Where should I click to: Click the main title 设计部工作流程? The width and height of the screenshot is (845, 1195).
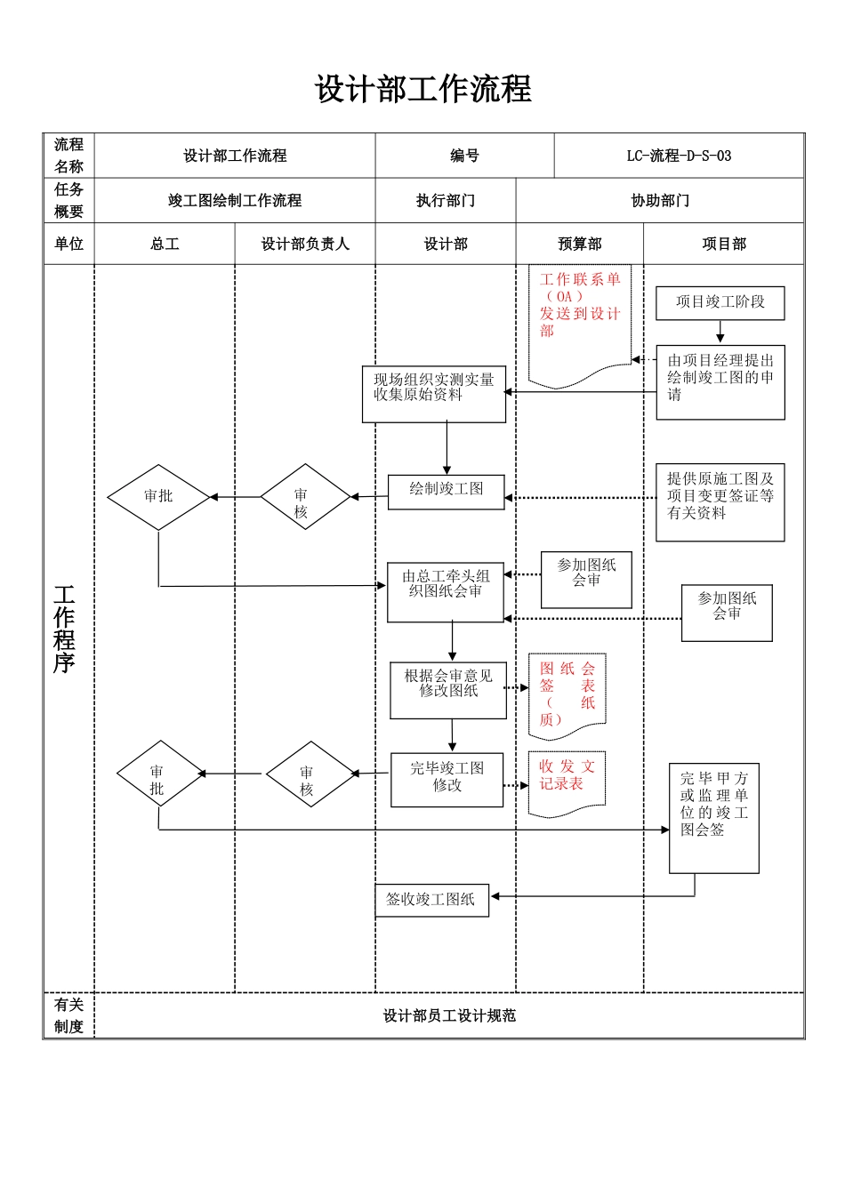[x=422, y=90]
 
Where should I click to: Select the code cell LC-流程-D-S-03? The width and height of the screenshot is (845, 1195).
[x=679, y=156]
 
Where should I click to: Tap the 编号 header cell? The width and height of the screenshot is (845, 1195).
[x=464, y=156]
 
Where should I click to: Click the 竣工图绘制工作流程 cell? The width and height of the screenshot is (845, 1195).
[x=235, y=201]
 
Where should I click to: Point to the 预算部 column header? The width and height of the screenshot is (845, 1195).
[x=579, y=245]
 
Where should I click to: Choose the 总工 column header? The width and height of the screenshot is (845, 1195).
[x=165, y=245]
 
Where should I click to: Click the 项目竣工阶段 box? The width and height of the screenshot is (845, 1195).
[x=720, y=302]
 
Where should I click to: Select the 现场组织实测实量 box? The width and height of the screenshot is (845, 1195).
[x=433, y=393]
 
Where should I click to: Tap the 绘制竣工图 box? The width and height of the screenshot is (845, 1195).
[x=446, y=491]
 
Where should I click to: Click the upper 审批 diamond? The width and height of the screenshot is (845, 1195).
[x=158, y=497]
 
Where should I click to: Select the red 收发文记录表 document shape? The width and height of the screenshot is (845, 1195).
[x=567, y=782]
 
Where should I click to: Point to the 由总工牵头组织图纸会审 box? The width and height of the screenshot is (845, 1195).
[x=446, y=591]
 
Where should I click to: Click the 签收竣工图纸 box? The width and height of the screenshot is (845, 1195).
[x=431, y=900]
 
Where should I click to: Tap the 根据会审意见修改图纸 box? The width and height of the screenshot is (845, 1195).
[x=448, y=689]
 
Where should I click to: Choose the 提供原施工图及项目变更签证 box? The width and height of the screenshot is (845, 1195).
[x=720, y=501]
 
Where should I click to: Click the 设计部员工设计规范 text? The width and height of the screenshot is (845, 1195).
[x=449, y=1016]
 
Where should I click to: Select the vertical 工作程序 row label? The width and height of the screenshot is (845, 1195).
[x=64, y=629]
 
